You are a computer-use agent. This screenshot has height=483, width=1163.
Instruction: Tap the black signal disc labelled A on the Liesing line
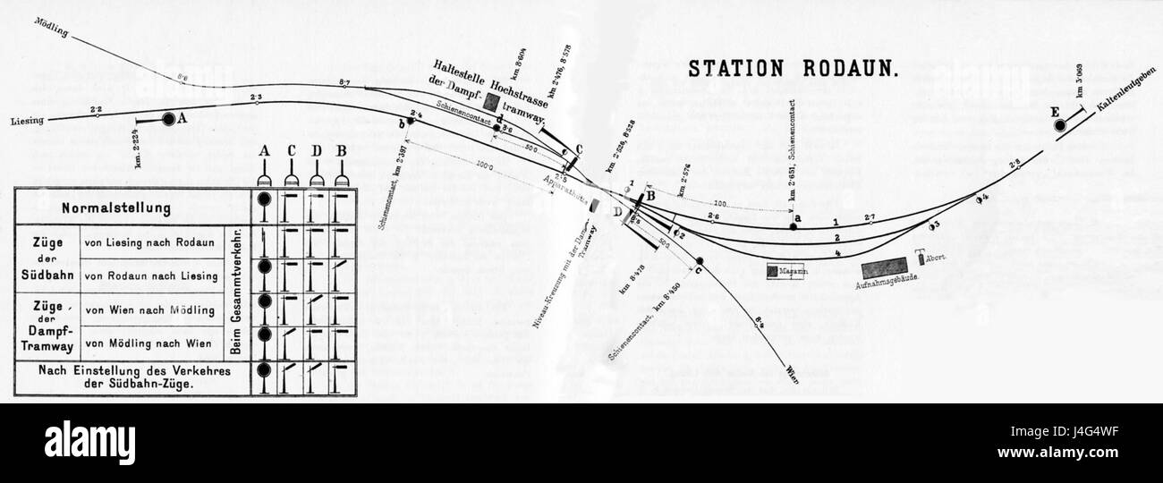pyautogui.click(x=168, y=118)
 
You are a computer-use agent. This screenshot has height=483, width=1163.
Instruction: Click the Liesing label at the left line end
pyautogui.click(x=28, y=121)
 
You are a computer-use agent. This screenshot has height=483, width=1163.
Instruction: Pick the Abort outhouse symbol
pyautogui.click(x=919, y=260)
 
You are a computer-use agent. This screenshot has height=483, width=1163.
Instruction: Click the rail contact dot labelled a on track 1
pyautogui.click(x=794, y=227)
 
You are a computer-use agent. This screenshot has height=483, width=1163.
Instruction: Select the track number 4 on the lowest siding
pyautogui.click(x=836, y=254)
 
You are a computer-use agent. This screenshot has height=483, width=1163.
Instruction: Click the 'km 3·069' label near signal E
pyautogui.click(x=1080, y=81)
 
